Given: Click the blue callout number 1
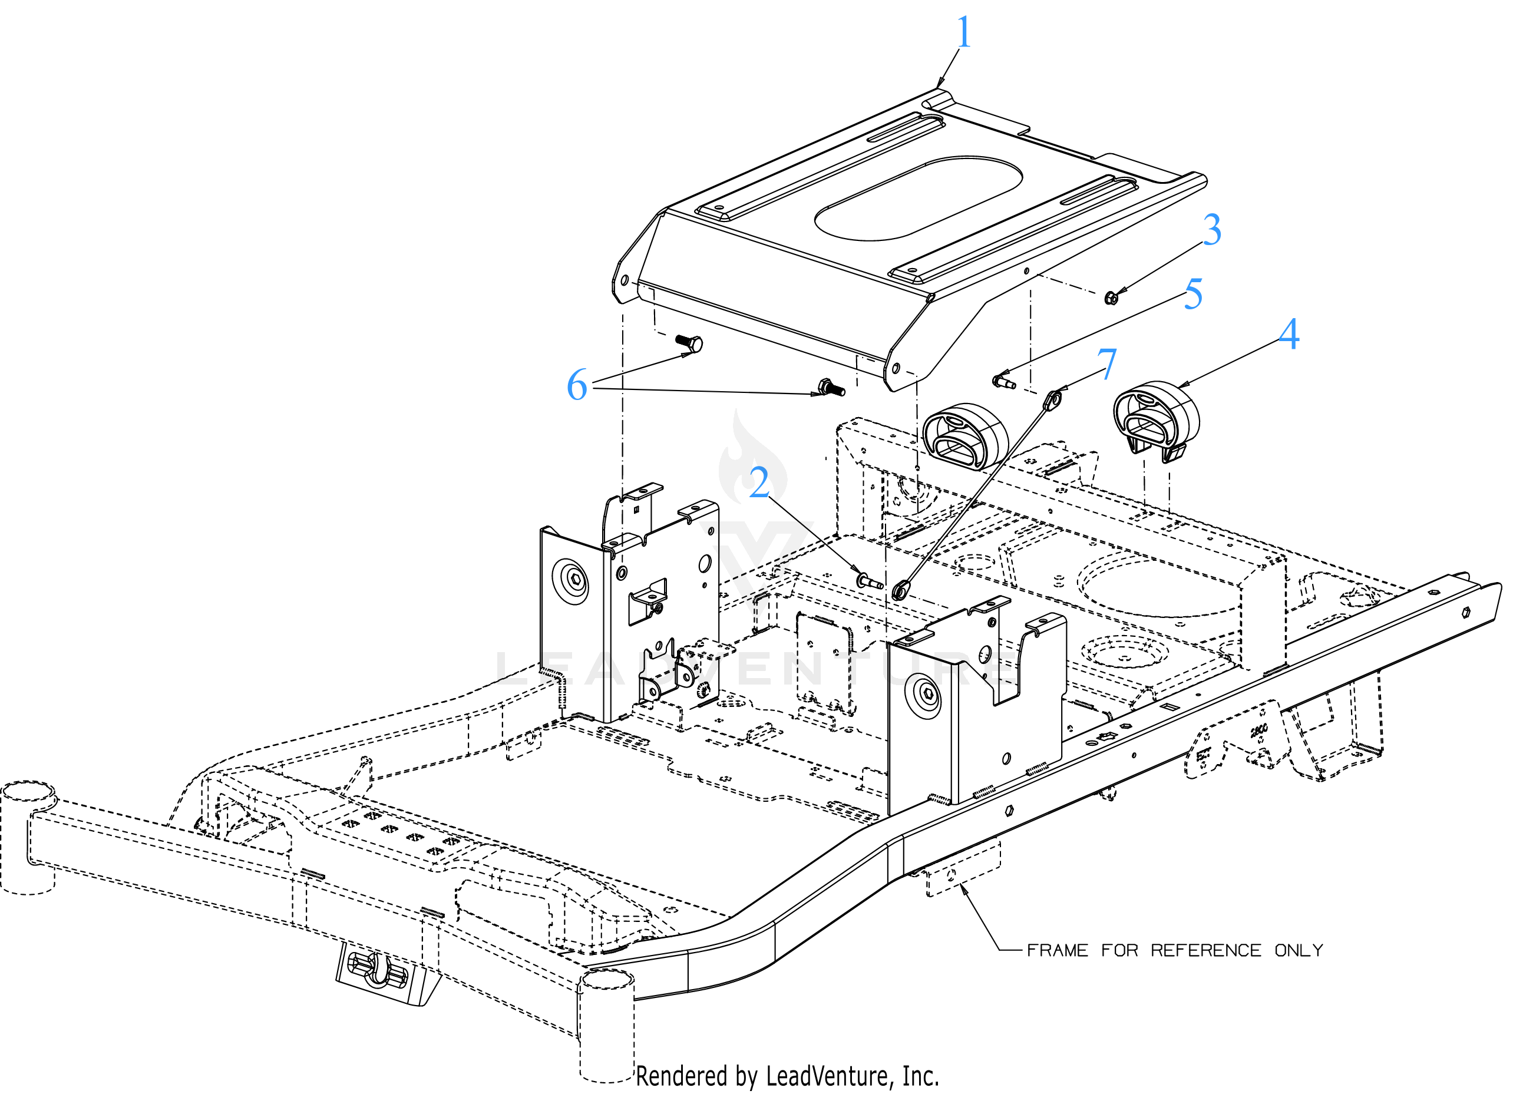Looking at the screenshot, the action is click(963, 31).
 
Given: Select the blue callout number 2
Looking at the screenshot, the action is click(759, 482).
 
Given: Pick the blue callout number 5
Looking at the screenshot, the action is click(1194, 293).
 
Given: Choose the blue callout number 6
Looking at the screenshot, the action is click(577, 385).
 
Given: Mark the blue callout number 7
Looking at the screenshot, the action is click(1106, 364).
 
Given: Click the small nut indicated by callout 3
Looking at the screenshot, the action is click(1111, 298).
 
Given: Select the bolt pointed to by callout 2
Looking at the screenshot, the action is click(869, 580).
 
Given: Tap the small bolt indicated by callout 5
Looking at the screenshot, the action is click(1004, 382).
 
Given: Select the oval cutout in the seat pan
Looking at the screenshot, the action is click(919, 198).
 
